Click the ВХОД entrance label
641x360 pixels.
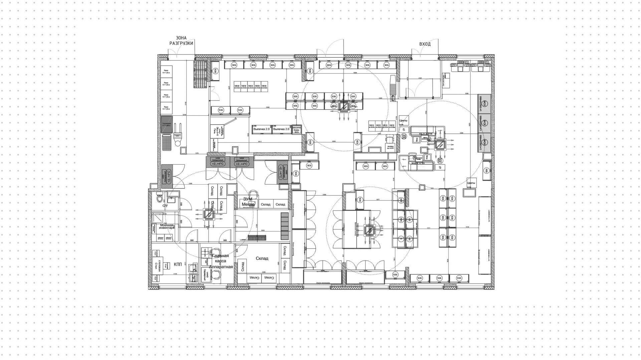click(x=425, y=44)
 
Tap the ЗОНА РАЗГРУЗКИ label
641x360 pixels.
click(x=181, y=41)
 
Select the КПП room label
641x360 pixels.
click(x=178, y=264)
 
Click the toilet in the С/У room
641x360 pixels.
click(x=160, y=199)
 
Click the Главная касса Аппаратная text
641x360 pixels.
click(x=221, y=261)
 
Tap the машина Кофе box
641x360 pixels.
click(x=296, y=130)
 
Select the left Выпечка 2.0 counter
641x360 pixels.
click(x=262, y=129)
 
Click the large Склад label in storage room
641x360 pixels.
click(x=262, y=258)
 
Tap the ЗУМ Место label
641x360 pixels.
click(x=248, y=201)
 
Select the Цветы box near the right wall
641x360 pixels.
click(x=471, y=183)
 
